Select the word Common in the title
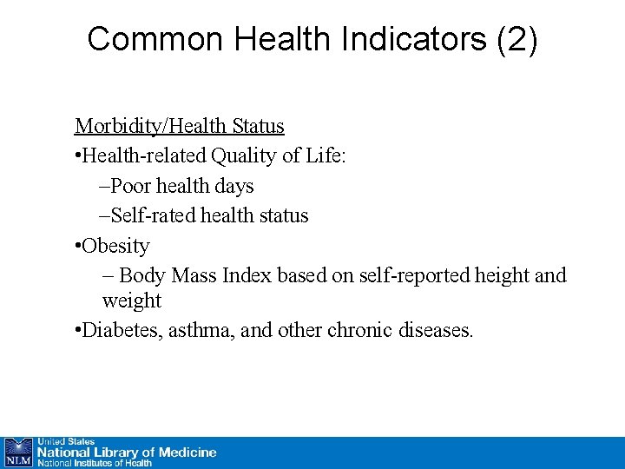(143, 39)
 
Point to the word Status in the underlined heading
(258, 126)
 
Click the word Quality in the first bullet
(234, 155)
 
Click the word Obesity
(115, 246)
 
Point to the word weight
(132, 301)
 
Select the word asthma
(202, 331)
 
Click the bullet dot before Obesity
(78, 247)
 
